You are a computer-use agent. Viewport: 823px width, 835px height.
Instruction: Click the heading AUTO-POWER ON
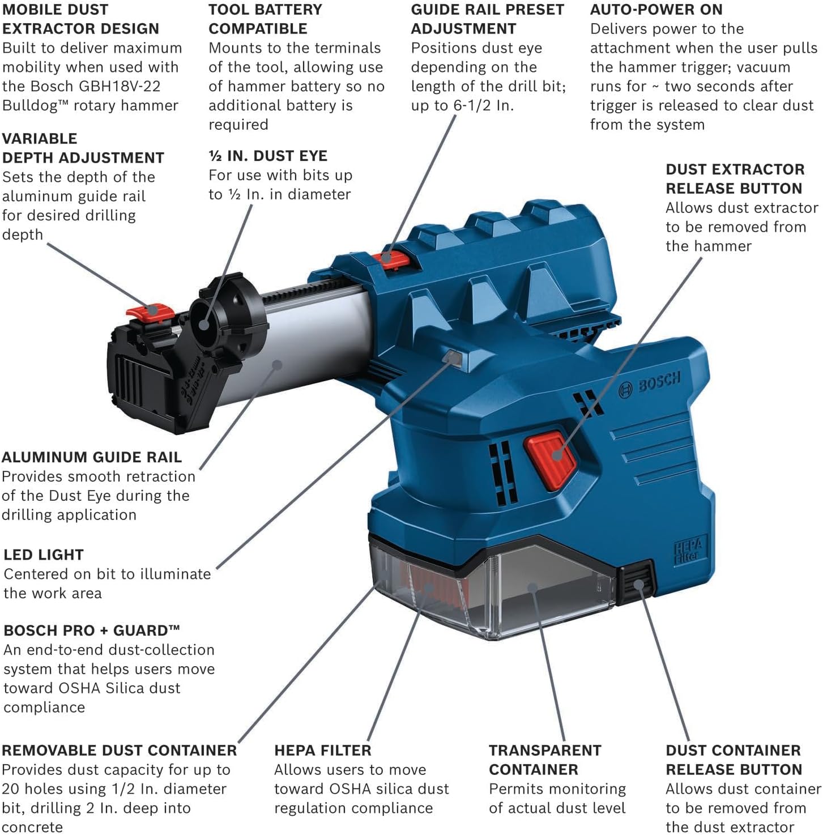(656, 10)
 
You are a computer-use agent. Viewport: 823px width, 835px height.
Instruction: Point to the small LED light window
(453, 356)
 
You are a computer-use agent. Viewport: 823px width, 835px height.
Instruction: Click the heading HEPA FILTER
(322, 750)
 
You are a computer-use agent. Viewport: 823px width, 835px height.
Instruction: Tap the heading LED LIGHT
(44, 555)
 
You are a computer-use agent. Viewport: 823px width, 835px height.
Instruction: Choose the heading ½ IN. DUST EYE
(267, 156)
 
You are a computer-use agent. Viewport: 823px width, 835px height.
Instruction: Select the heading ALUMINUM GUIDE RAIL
(92, 457)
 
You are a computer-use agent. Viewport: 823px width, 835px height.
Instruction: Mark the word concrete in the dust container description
(32, 827)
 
